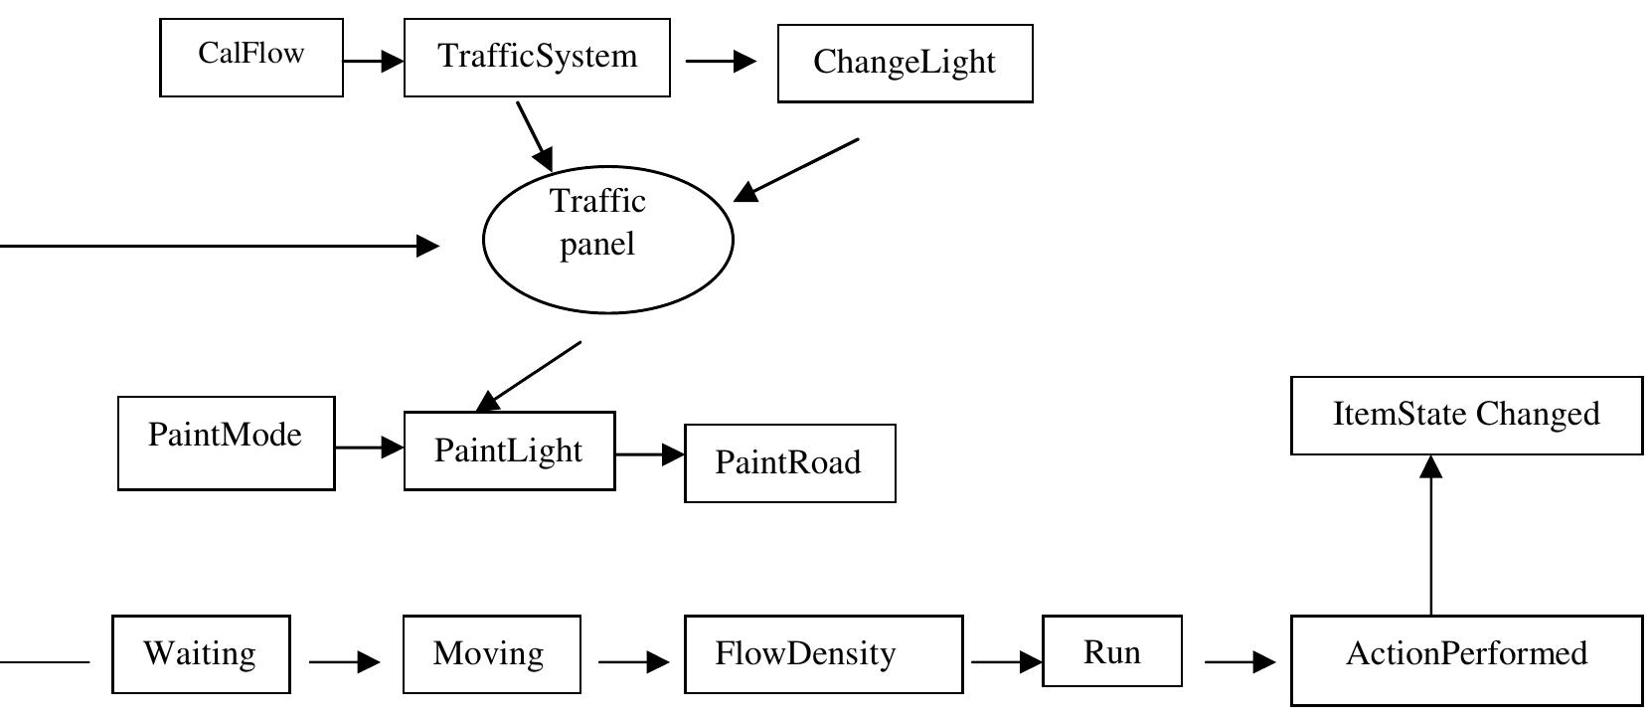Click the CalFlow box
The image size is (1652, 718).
pos(251,58)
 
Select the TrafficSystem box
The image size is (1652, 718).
pos(537,58)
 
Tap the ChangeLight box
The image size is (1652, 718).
pos(905,64)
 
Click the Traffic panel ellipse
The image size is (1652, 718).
pos(607,240)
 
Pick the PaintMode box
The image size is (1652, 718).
pos(227,443)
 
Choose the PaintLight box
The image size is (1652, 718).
pos(509,450)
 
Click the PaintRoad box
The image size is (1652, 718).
pos(789,463)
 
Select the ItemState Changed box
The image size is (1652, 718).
pos(1466,416)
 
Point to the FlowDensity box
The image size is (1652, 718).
pos(823,654)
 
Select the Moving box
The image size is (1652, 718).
pos(491,654)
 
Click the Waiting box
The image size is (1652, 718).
pos(201,654)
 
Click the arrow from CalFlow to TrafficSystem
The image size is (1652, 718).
pos(373,62)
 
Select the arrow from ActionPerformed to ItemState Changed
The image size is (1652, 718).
pos(1430,537)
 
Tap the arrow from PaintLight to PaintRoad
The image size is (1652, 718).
pos(649,454)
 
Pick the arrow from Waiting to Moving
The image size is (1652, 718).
pos(344,661)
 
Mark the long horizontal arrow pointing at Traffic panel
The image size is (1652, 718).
pos(219,245)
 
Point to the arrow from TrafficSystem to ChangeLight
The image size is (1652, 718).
pos(721,62)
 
